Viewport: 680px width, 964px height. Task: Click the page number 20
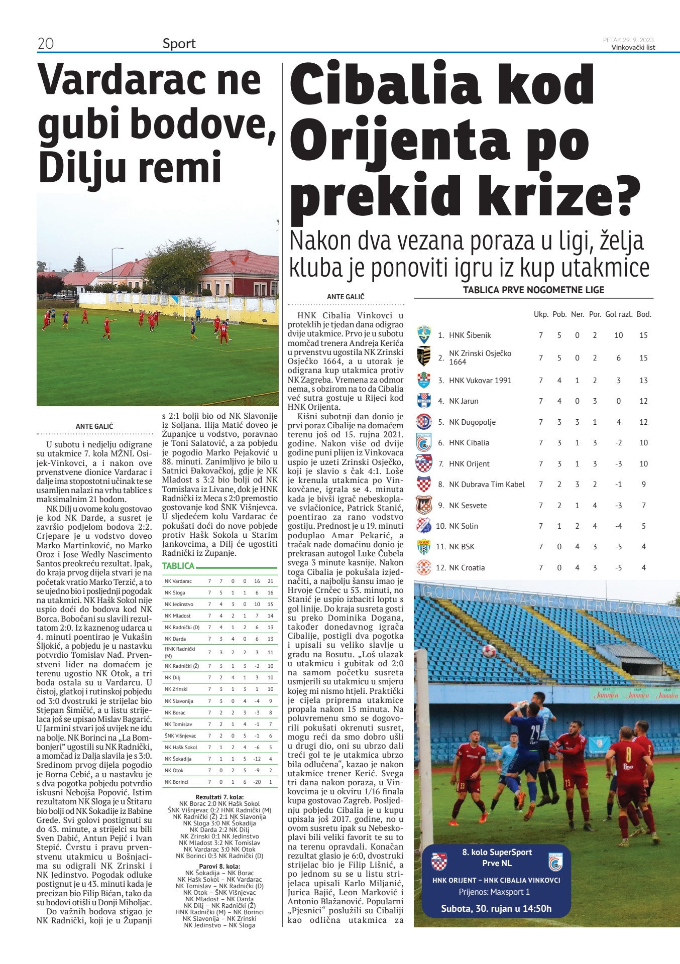point(46,44)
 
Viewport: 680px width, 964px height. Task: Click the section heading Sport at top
point(179,44)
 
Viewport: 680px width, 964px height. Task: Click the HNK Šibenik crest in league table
point(424,335)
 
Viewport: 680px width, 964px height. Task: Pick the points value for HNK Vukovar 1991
point(643,381)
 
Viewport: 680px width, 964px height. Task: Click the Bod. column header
point(643,314)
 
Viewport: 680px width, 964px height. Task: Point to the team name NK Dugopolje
point(472,422)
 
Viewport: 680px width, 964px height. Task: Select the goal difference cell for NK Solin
point(618,526)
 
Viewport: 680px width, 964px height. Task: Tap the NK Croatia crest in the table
point(424,567)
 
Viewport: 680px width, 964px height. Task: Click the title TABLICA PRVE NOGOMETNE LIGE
point(533,290)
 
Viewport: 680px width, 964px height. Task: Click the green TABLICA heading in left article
point(178,566)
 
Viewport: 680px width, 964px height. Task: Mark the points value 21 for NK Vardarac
point(270,581)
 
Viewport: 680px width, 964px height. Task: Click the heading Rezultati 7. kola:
point(219,797)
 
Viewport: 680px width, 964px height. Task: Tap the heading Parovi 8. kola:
point(219,866)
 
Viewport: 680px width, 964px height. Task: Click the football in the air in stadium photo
point(489,651)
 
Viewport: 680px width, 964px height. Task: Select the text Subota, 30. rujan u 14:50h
point(496,908)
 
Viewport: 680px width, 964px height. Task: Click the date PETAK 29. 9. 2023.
point(629,40)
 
